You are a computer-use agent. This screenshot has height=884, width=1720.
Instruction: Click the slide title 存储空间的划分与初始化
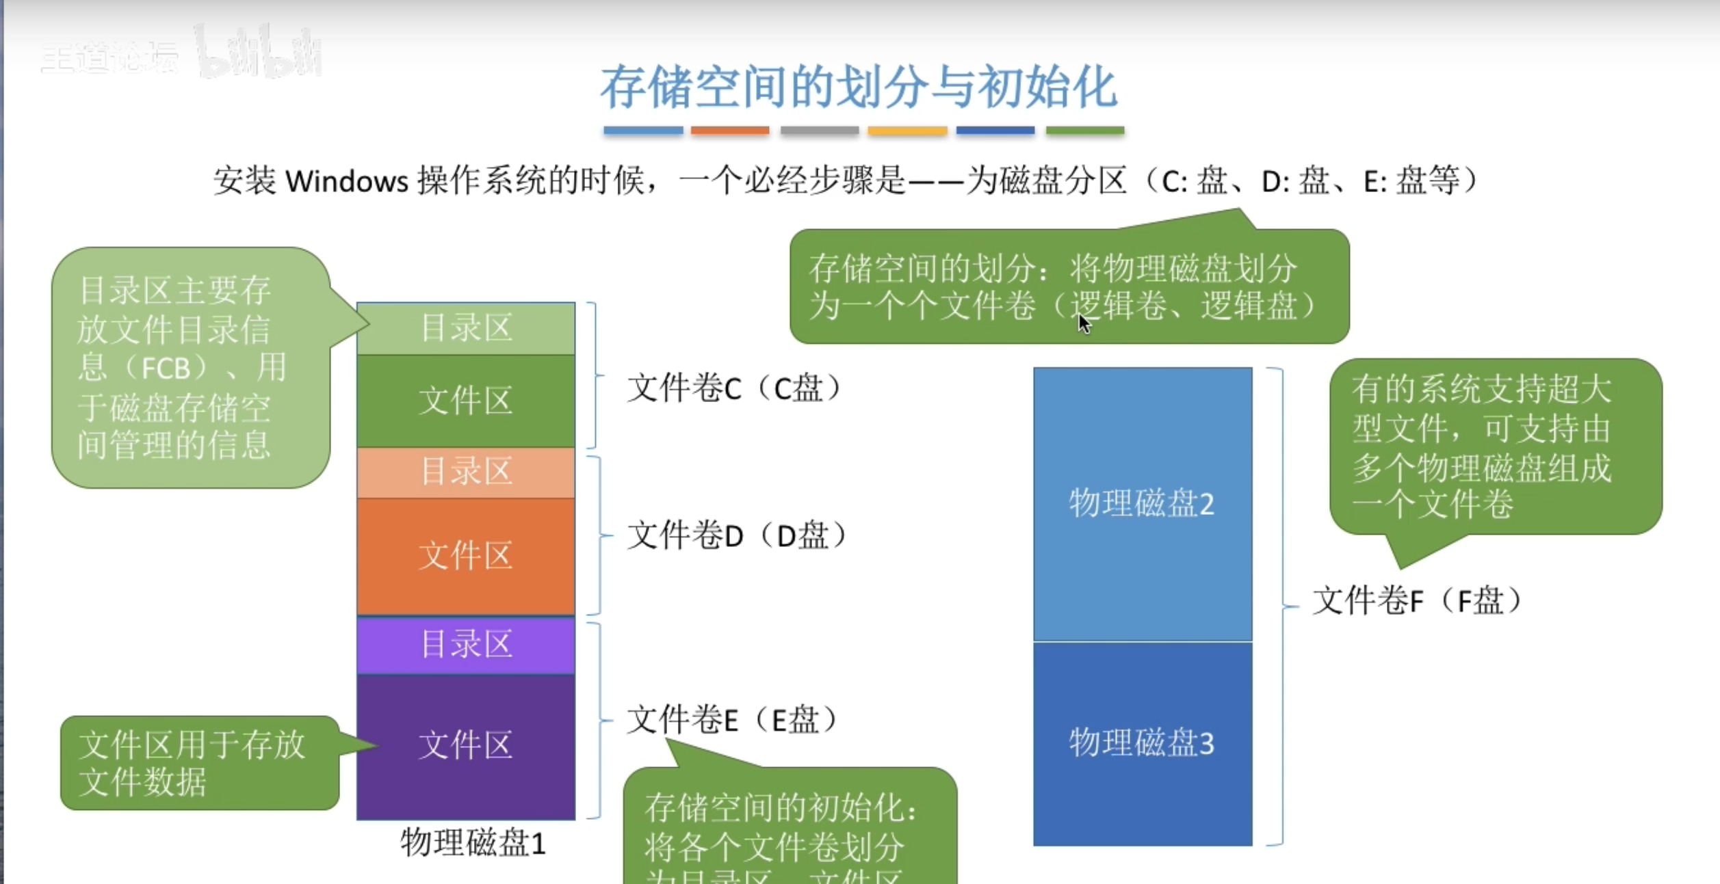coord(859,88)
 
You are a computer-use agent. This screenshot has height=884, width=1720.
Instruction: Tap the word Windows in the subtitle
coord(346,182)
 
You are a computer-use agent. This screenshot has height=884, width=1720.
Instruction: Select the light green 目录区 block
coord(466,328)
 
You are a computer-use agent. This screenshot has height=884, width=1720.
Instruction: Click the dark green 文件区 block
coord(466,401)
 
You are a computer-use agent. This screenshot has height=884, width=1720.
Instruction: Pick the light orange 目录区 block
coord(466,472)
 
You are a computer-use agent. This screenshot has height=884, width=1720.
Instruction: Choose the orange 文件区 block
coord(466,555)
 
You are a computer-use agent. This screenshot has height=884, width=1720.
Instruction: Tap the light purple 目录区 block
coord(466,645)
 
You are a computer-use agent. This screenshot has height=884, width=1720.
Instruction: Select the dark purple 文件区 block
coord(466,745)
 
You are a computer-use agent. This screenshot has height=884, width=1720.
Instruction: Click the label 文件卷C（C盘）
coord(733,389)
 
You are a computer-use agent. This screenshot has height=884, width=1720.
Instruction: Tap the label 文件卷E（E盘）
coord(732,720)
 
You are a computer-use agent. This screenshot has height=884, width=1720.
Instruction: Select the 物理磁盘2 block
coord(1142,504)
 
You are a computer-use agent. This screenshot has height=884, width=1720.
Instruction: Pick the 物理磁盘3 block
coord(1142,743)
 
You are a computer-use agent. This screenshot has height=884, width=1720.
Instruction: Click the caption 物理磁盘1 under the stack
coord(473,843)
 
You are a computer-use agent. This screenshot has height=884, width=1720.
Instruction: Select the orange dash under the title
coord(730,131)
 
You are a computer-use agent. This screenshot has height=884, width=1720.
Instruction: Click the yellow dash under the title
coord(907,131)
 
